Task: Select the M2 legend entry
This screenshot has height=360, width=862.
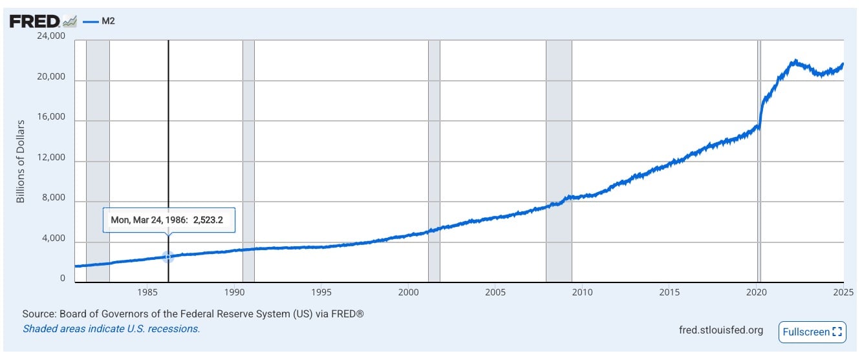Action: tap(104, 21)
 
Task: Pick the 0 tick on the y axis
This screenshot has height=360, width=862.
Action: tap(63, 279)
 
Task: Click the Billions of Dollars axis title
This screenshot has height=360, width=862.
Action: tap(20, 161)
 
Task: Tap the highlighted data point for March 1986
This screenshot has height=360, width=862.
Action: tap(168, 257)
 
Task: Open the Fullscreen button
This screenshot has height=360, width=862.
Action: tap(812, 332)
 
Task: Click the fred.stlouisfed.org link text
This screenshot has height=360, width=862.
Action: tap(721, 330)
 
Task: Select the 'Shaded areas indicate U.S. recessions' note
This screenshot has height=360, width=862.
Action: tap(111, 328)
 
